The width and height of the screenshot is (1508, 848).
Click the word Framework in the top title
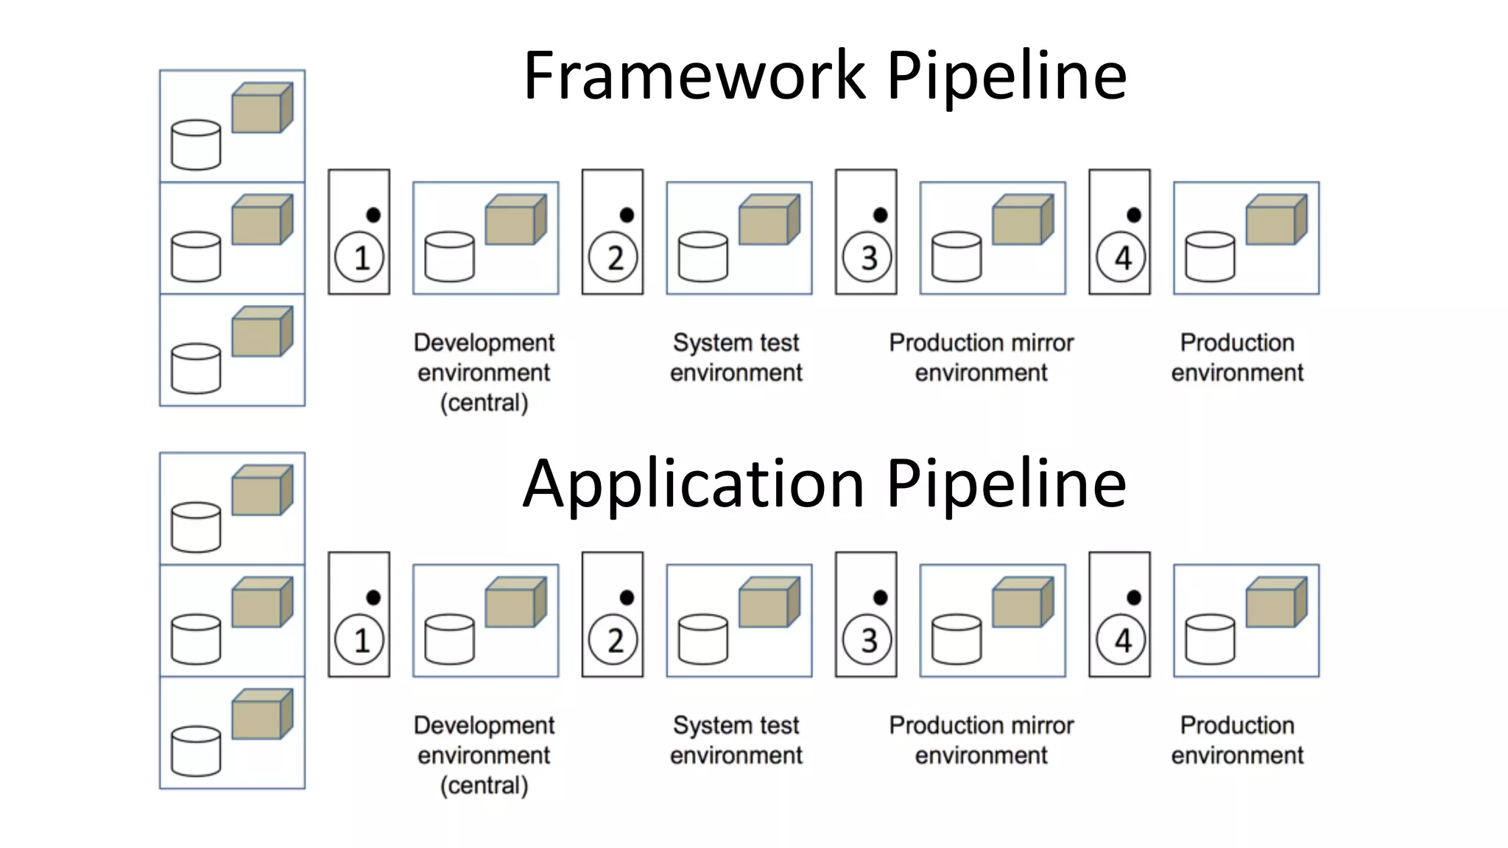point(694,75)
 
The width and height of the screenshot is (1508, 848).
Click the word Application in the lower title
point(694,484)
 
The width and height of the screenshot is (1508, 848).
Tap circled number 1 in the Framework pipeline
point(359,258)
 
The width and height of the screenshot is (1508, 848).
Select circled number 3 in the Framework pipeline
point(867,258)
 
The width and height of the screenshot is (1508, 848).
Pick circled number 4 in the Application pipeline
point(1120,640)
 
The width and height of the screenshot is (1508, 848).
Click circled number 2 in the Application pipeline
point(613,640)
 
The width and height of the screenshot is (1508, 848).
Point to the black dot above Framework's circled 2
point(627,215)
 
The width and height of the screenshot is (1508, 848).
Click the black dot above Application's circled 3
point(880,597)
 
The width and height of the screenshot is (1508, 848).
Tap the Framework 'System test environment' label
point(736,358)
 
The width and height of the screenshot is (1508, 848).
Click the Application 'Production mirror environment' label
point(981,740)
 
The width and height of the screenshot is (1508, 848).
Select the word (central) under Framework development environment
point(484,403)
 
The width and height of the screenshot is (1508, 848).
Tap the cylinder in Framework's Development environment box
point(450,257)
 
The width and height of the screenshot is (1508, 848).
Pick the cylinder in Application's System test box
point(703,639)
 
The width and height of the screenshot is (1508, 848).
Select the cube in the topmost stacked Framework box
point(261,108)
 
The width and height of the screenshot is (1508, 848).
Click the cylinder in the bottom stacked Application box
point(196,751)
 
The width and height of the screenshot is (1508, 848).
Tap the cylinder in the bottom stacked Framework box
point(196,368)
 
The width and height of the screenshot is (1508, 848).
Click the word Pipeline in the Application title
point(1006,484)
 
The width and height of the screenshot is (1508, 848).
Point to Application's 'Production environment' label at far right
point(1237,740)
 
